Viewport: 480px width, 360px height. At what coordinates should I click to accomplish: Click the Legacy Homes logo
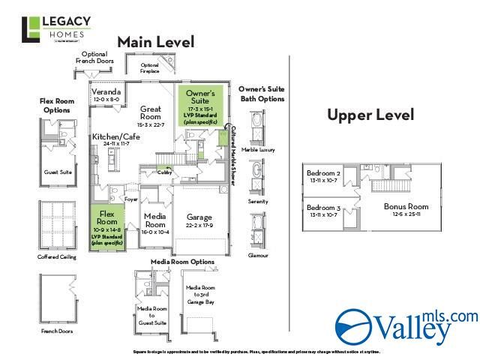(57, 30)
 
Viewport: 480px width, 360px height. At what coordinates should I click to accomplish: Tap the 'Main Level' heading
(155, 42)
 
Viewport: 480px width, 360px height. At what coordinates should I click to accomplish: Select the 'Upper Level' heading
(370, 115)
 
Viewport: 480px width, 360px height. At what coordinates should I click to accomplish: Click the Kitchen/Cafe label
(115, 137)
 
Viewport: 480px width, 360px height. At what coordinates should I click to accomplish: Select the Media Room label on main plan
(154, 219)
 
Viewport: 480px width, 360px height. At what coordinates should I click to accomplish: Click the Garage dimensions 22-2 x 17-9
(199, 225)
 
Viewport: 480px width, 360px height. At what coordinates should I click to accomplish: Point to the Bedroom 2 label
(323, 173)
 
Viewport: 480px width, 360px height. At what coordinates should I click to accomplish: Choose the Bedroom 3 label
(323, 207)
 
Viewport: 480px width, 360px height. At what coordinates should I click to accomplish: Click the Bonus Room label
(406, 206)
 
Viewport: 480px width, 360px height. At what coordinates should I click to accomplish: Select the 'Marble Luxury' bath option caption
(258, 150)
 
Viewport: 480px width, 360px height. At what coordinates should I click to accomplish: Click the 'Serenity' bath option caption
(258, 202)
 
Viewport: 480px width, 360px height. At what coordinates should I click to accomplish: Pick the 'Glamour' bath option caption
(258, 255)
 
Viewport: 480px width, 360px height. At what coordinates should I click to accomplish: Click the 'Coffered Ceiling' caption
(57, 257)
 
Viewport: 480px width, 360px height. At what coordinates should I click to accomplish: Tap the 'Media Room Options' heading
(182, 262)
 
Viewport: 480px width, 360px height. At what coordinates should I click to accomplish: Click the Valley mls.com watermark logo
(406, 324)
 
